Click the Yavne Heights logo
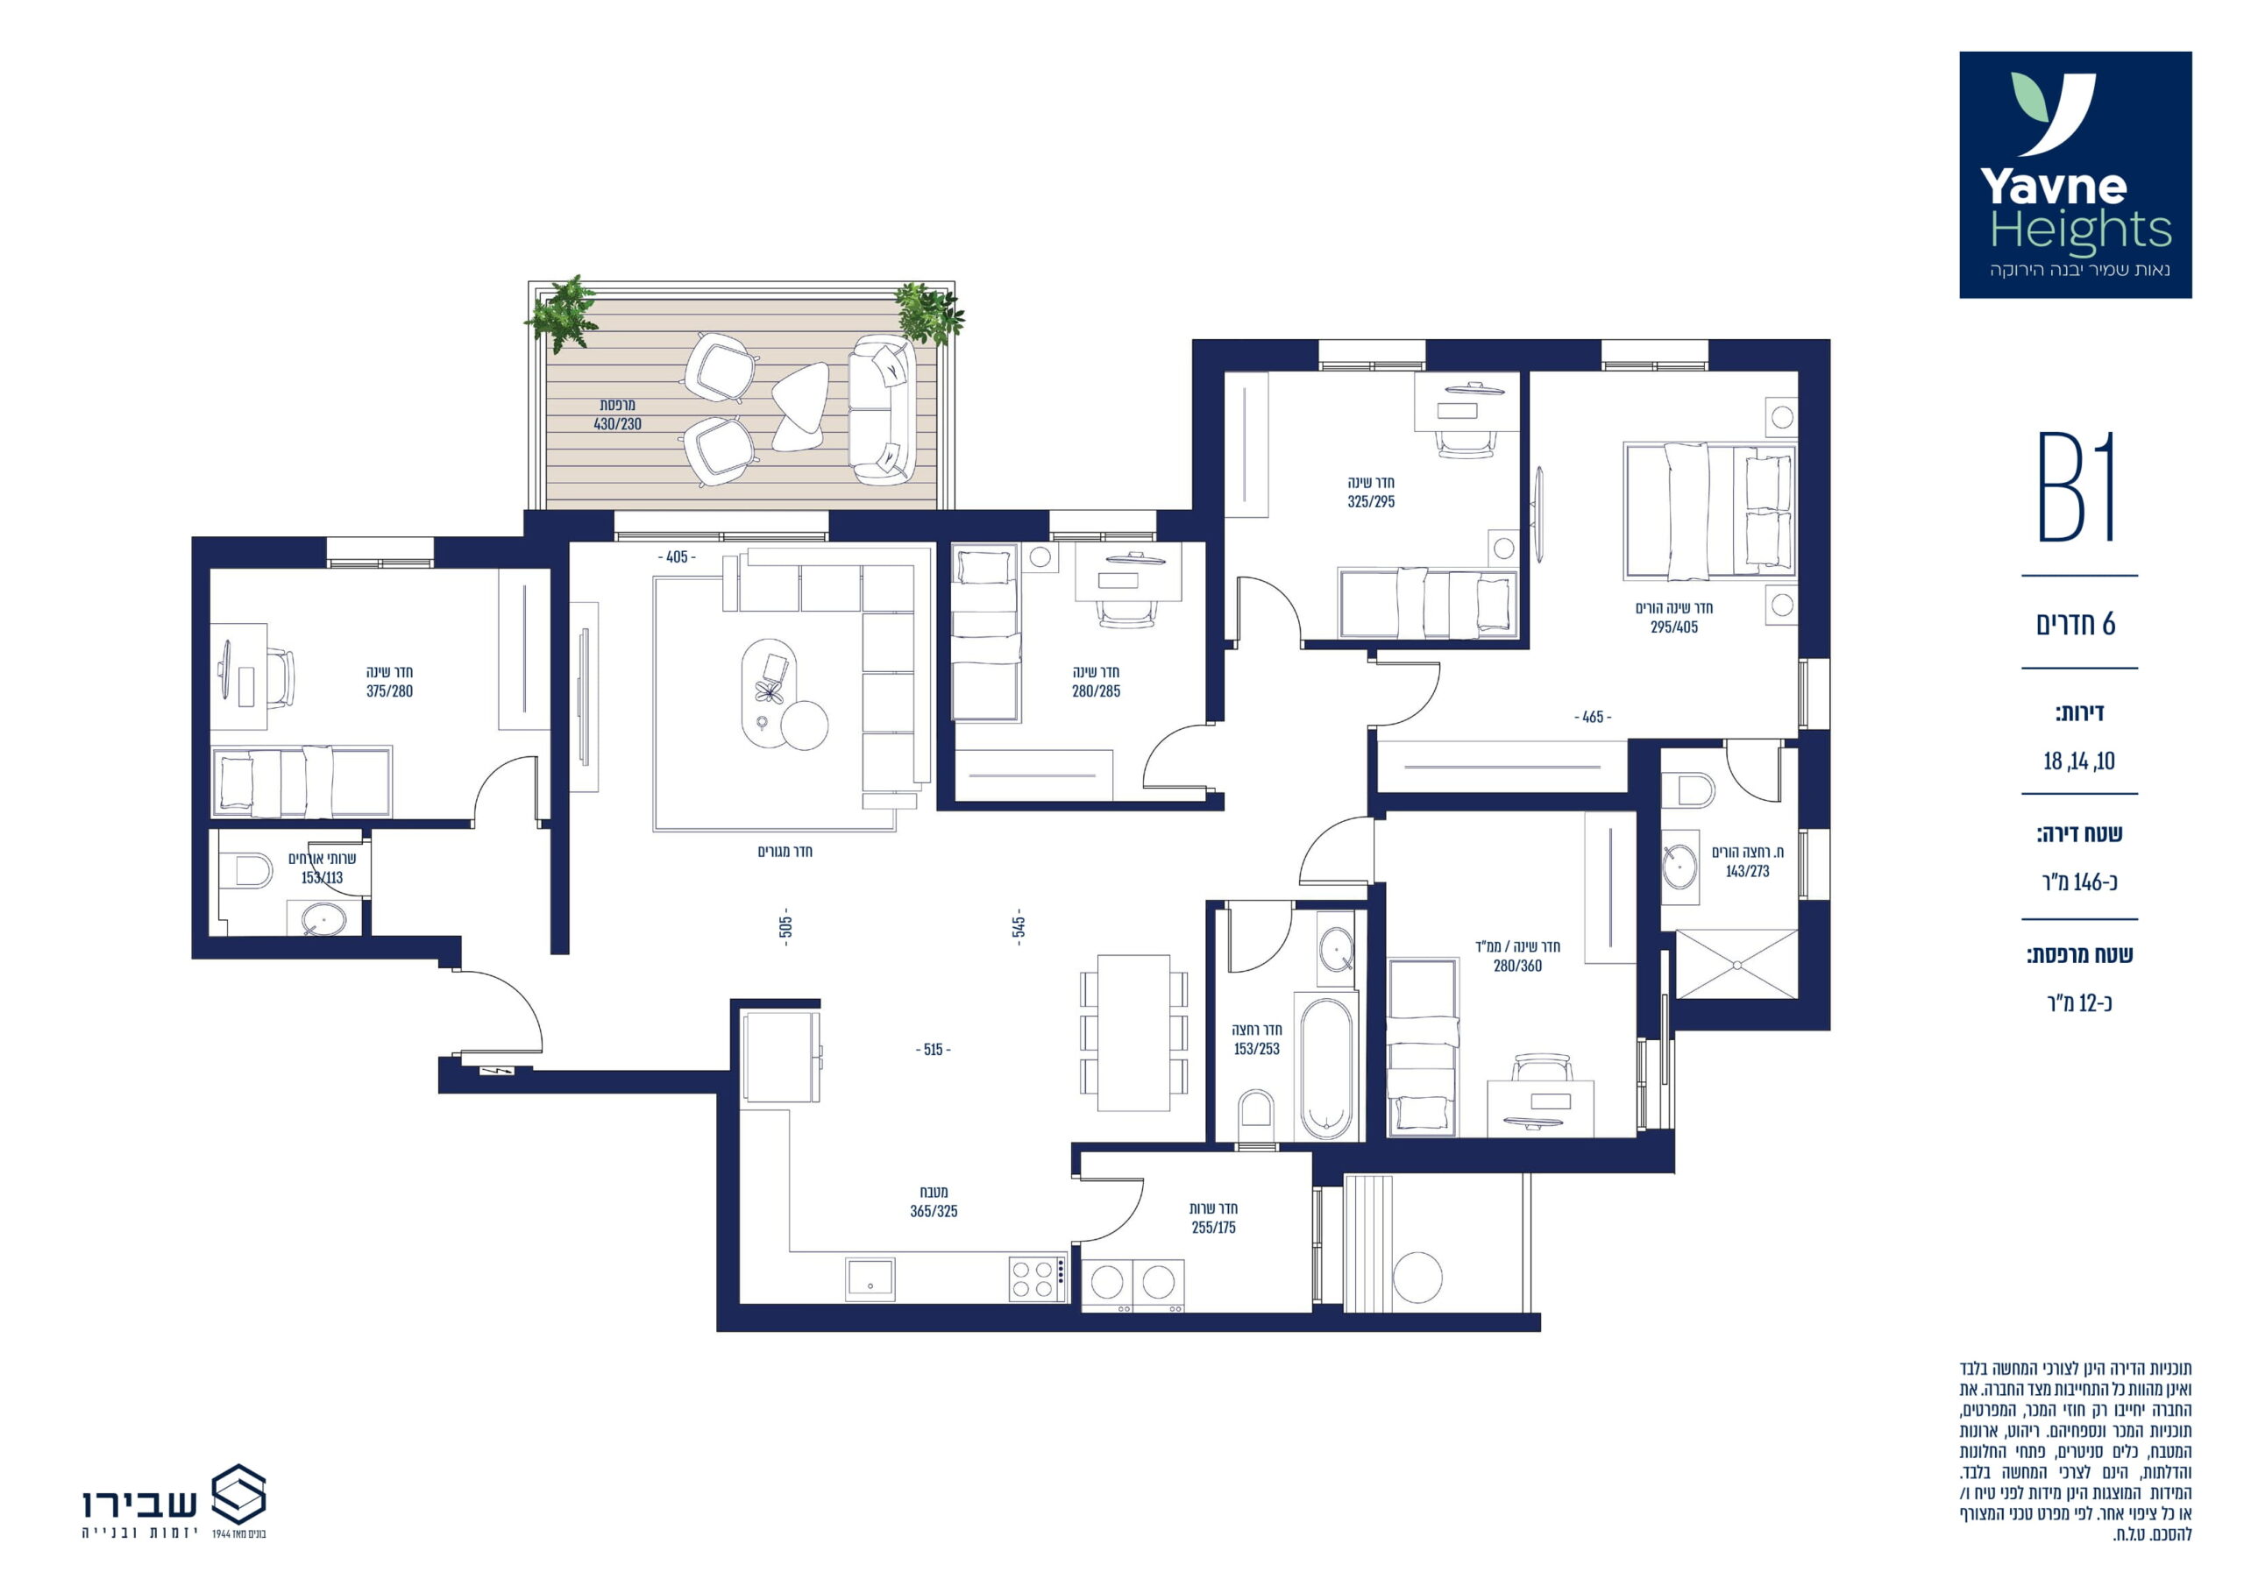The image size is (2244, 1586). point(2075,175)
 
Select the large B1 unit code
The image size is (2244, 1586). point(2077,486)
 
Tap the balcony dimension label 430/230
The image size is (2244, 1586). point(618,424)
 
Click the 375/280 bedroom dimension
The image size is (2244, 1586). point(389,690)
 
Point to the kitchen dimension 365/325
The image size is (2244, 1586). point(934,1211)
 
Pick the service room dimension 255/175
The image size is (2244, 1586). point(1214,1228)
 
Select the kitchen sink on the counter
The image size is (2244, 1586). point(870,1278)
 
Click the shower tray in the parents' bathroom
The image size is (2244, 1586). point(1736,965)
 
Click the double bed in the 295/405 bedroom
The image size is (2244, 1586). point(1709,510)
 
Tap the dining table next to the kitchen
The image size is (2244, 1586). point(1133,1033)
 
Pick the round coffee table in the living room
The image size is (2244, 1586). point(805,725)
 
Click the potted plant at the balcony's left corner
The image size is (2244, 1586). point(561,313)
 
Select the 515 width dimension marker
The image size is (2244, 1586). point(933,1050)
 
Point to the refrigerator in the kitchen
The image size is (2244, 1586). point(782,1057)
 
